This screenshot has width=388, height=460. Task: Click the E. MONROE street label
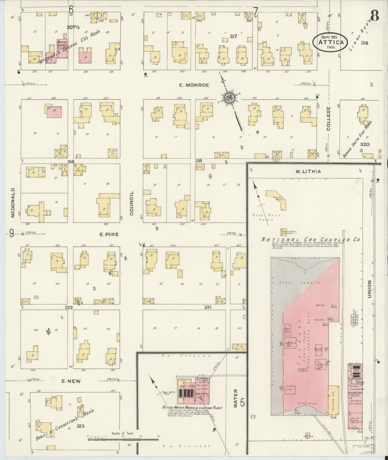tap(190, 85)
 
